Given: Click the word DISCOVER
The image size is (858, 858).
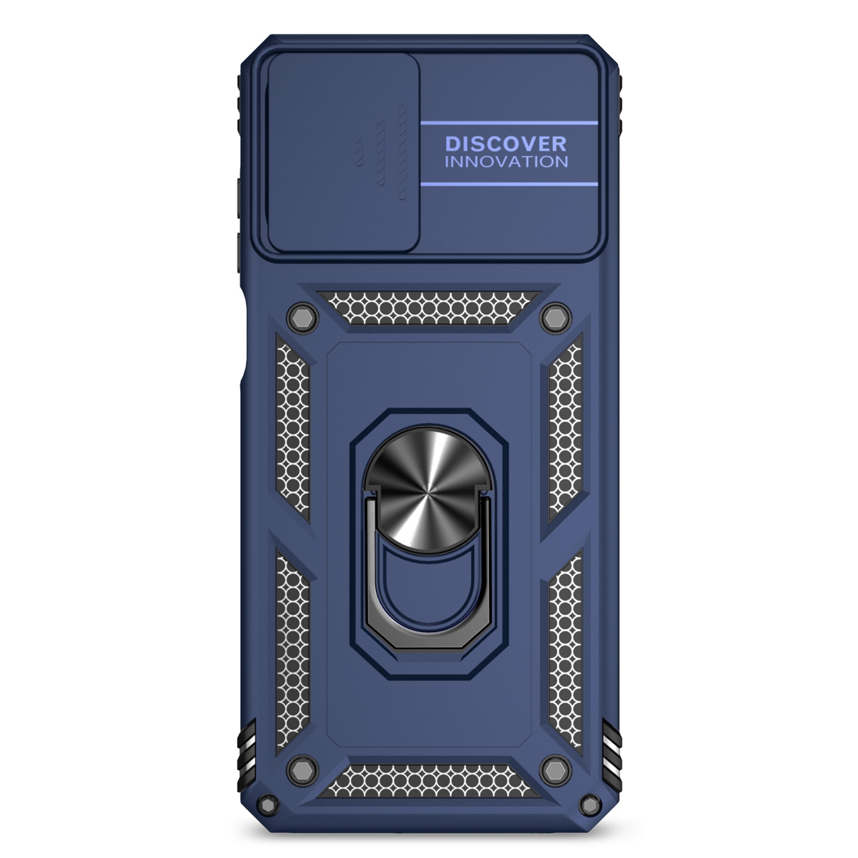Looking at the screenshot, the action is click(x=506, y=143).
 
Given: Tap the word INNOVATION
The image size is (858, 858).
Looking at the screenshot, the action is click(x=506, y=161).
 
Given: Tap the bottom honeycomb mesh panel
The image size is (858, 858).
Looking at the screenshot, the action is click(x=429, y=777).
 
